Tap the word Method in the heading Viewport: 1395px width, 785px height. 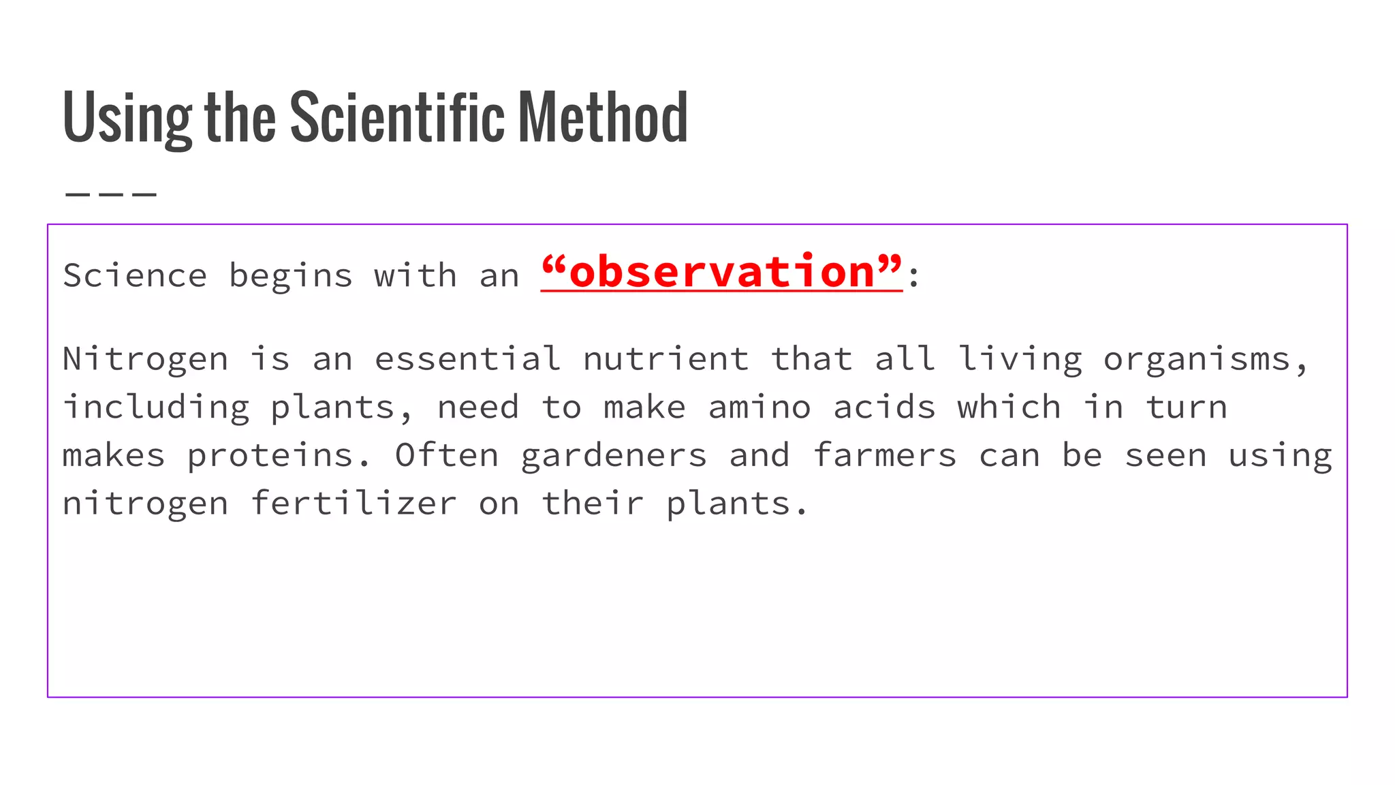click(x=603, y=117)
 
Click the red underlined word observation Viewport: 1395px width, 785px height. click(x=721, y=273)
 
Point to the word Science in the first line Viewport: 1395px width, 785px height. click(x=135, y=276)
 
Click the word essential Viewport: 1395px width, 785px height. click(x=467, y=359)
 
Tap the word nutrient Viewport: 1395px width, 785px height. click(x=665, y=359)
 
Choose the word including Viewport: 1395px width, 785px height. click(x=156, y=408)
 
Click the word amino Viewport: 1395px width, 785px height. click(x=759, y=407)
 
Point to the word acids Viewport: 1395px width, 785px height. click(x=884, y=407)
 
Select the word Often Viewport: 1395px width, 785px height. click(x=447, y=455)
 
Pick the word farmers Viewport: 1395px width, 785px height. click(x=884, y=455)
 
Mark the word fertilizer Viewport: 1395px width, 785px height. click(x=354, y=504)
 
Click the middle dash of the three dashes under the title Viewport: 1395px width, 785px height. click(x=111, y=195)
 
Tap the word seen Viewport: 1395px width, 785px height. click(x=1165, y=456)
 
